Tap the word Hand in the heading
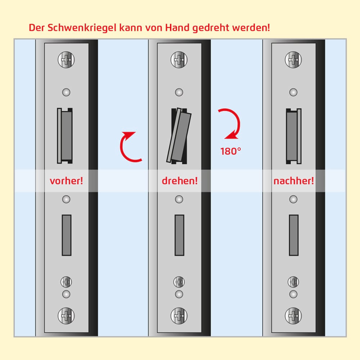(177, 28)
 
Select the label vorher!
(66, 181)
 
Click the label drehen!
(180, 181)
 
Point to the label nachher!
(294, 181)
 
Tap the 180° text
(231, 151)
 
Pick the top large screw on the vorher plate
(66, 60)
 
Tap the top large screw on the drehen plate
(179, 60)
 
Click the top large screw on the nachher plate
(293, 60)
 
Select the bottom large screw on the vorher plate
(66, 316)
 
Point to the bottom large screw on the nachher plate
(293, 316)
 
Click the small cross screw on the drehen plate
(179, 282)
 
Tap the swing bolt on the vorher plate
(65, 136)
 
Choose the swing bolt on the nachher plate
(294, 136)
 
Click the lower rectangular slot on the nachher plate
(294, 235)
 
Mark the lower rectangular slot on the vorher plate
(67, 235)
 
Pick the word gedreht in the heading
(211, 28)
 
